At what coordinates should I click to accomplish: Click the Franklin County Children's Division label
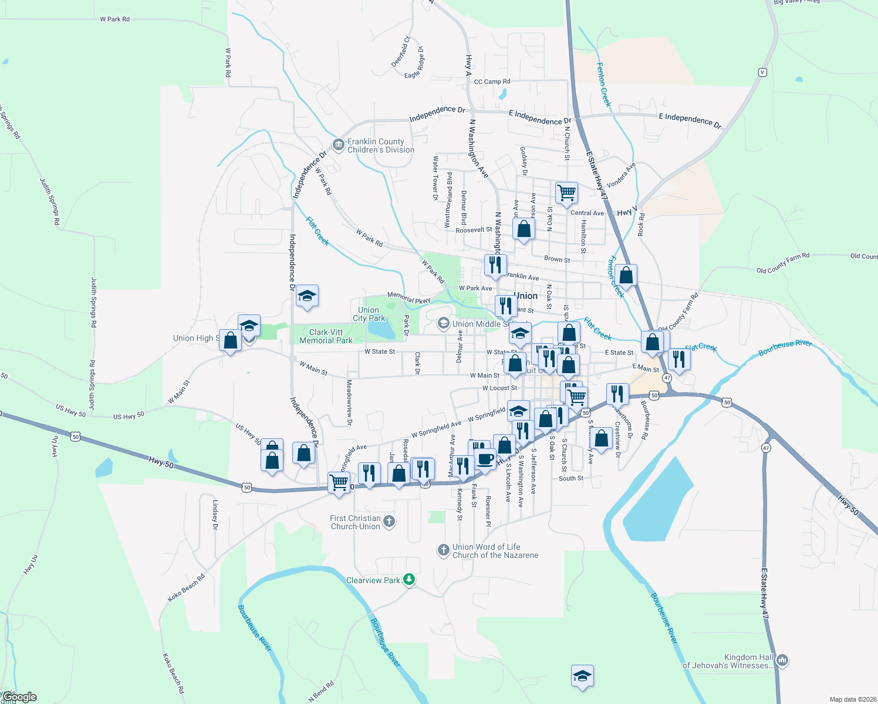point(380,145)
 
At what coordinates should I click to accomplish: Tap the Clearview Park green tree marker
point(409,580)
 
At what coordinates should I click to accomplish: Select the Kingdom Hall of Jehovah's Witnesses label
point(728,661)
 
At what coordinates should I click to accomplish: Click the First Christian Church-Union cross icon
point(389,521)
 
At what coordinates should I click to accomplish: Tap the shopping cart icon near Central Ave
point(566,193)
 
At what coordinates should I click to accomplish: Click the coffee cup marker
point(485,459)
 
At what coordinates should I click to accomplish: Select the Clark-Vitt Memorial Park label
point(326,336)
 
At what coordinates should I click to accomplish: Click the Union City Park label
point(369,314)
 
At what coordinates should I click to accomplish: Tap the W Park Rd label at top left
point(114,19)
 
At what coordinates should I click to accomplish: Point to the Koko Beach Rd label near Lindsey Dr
point(186,587)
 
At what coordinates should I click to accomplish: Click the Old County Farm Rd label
point(782,263)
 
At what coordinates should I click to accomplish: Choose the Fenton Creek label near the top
point(603,84)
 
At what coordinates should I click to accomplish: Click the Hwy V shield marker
point(762,72)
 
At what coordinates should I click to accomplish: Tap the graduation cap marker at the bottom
point(582,676)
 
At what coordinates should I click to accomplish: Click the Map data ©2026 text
point(850,699)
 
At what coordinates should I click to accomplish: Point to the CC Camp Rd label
point(492,82)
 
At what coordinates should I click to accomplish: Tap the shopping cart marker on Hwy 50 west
point(339,483)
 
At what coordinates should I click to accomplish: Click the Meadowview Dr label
point(349,402)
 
